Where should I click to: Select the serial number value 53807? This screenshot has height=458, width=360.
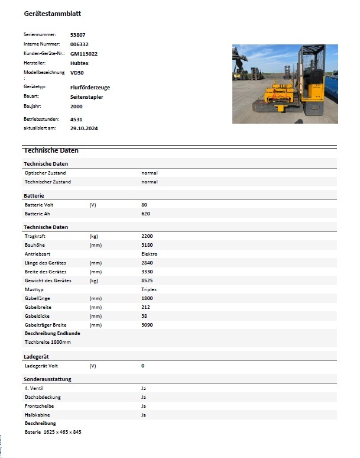pos(77,35)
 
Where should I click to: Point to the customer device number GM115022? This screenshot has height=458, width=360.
pos(83,53)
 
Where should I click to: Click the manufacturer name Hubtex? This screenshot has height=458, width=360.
pos(79,62)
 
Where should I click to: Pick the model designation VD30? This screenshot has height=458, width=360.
pos(77,72)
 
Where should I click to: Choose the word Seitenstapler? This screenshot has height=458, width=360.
pos(86,96)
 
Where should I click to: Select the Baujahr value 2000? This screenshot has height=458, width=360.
pos(76,106)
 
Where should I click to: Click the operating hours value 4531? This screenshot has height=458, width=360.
pos(76,119)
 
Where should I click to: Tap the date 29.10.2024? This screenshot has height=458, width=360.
pos(83,127)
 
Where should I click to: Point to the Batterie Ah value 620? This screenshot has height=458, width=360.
pos(146,213)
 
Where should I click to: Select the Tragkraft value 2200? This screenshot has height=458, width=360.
pos(147,236)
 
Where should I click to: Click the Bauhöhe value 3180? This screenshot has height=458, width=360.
pos(147,245)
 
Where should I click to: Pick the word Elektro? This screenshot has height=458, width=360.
pos(149,254)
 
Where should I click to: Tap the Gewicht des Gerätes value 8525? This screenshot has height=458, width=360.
pos(147,280)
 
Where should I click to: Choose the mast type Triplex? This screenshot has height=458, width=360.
pos(149,289)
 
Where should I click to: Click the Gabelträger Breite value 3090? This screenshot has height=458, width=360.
pos(147,325)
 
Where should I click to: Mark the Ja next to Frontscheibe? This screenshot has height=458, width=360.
pos(144,406)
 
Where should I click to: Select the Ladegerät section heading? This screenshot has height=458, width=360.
pos(37,356)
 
